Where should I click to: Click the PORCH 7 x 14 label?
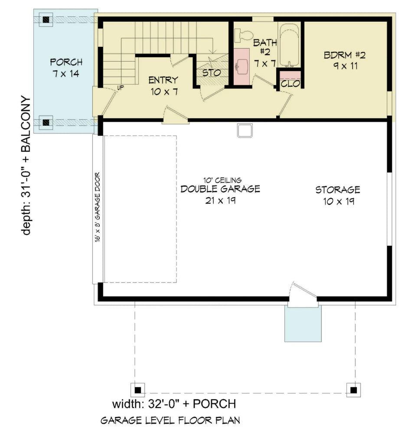pos(66,68)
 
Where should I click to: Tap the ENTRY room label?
pos(163,85)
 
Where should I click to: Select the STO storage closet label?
pos(212,72)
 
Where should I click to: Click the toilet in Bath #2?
pos(244,35)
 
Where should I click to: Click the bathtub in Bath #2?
pos(289,45)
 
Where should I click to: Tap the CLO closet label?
pos(290,84)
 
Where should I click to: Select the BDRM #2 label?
pos(345,61)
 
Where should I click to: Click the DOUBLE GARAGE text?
pos(220,189)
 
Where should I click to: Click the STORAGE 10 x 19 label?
pos(337,195)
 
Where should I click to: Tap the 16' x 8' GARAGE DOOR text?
pos(98,208)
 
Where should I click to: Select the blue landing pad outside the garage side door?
pos(303,324)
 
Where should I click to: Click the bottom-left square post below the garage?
pos(138,390)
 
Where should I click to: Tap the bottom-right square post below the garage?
pos(353,390)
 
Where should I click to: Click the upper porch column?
pos(46,19)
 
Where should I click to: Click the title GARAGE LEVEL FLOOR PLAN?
pos(170,420)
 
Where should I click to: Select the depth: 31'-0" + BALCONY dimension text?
pos(27,166)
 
